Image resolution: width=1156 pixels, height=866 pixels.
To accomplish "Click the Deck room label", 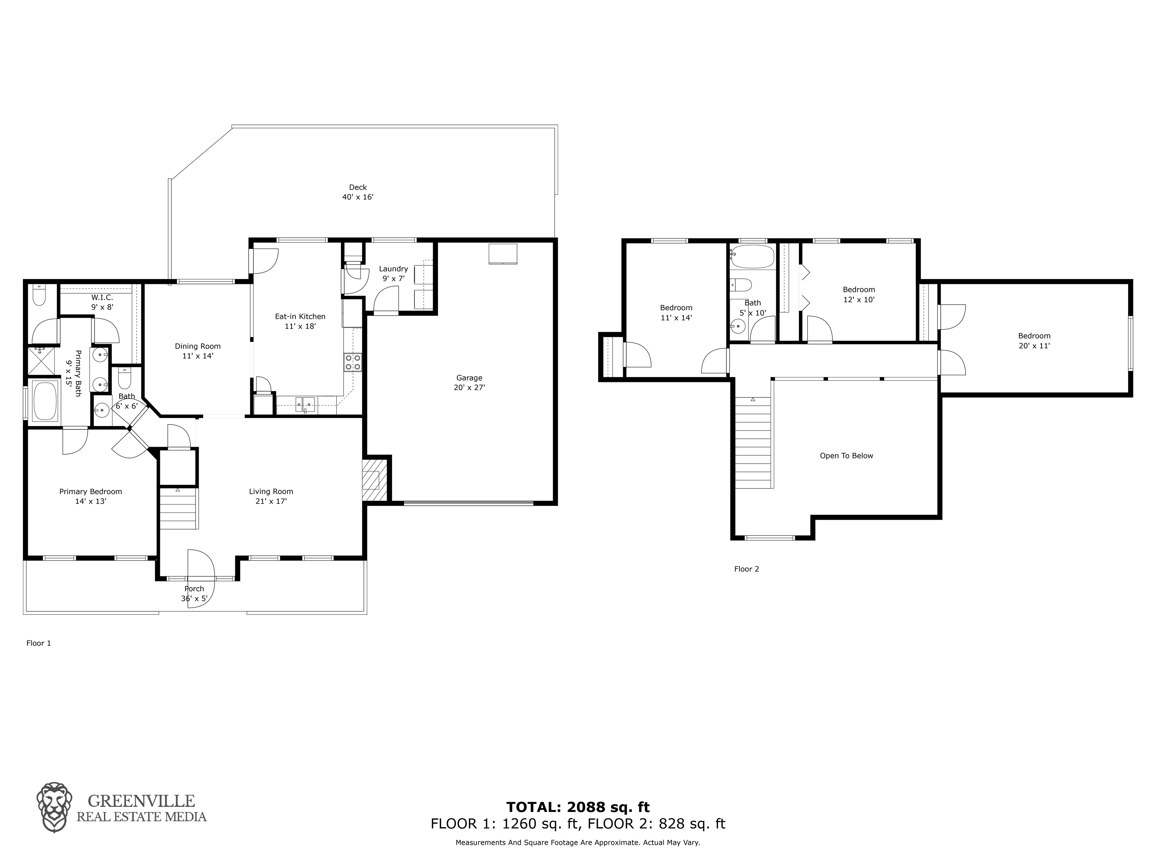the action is point(358,192).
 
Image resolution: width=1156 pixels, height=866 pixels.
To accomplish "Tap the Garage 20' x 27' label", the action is point(469,383).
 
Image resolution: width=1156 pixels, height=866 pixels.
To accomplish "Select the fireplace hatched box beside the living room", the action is point(375,479).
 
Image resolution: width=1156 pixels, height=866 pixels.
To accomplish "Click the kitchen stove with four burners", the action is point(353,362).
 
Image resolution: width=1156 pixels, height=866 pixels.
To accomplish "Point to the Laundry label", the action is point(394,269).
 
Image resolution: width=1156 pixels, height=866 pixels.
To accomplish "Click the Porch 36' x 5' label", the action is point(195,594).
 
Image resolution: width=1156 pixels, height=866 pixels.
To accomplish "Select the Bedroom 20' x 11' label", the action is point(1034,341).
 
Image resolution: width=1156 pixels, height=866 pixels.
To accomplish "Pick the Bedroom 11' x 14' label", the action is point(676,312).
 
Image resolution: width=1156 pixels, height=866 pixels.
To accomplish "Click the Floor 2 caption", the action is point(746,569).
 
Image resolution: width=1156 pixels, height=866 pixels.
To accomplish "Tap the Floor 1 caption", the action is point(39,643).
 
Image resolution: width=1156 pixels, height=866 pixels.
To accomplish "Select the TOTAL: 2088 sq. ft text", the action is point(578,807).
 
